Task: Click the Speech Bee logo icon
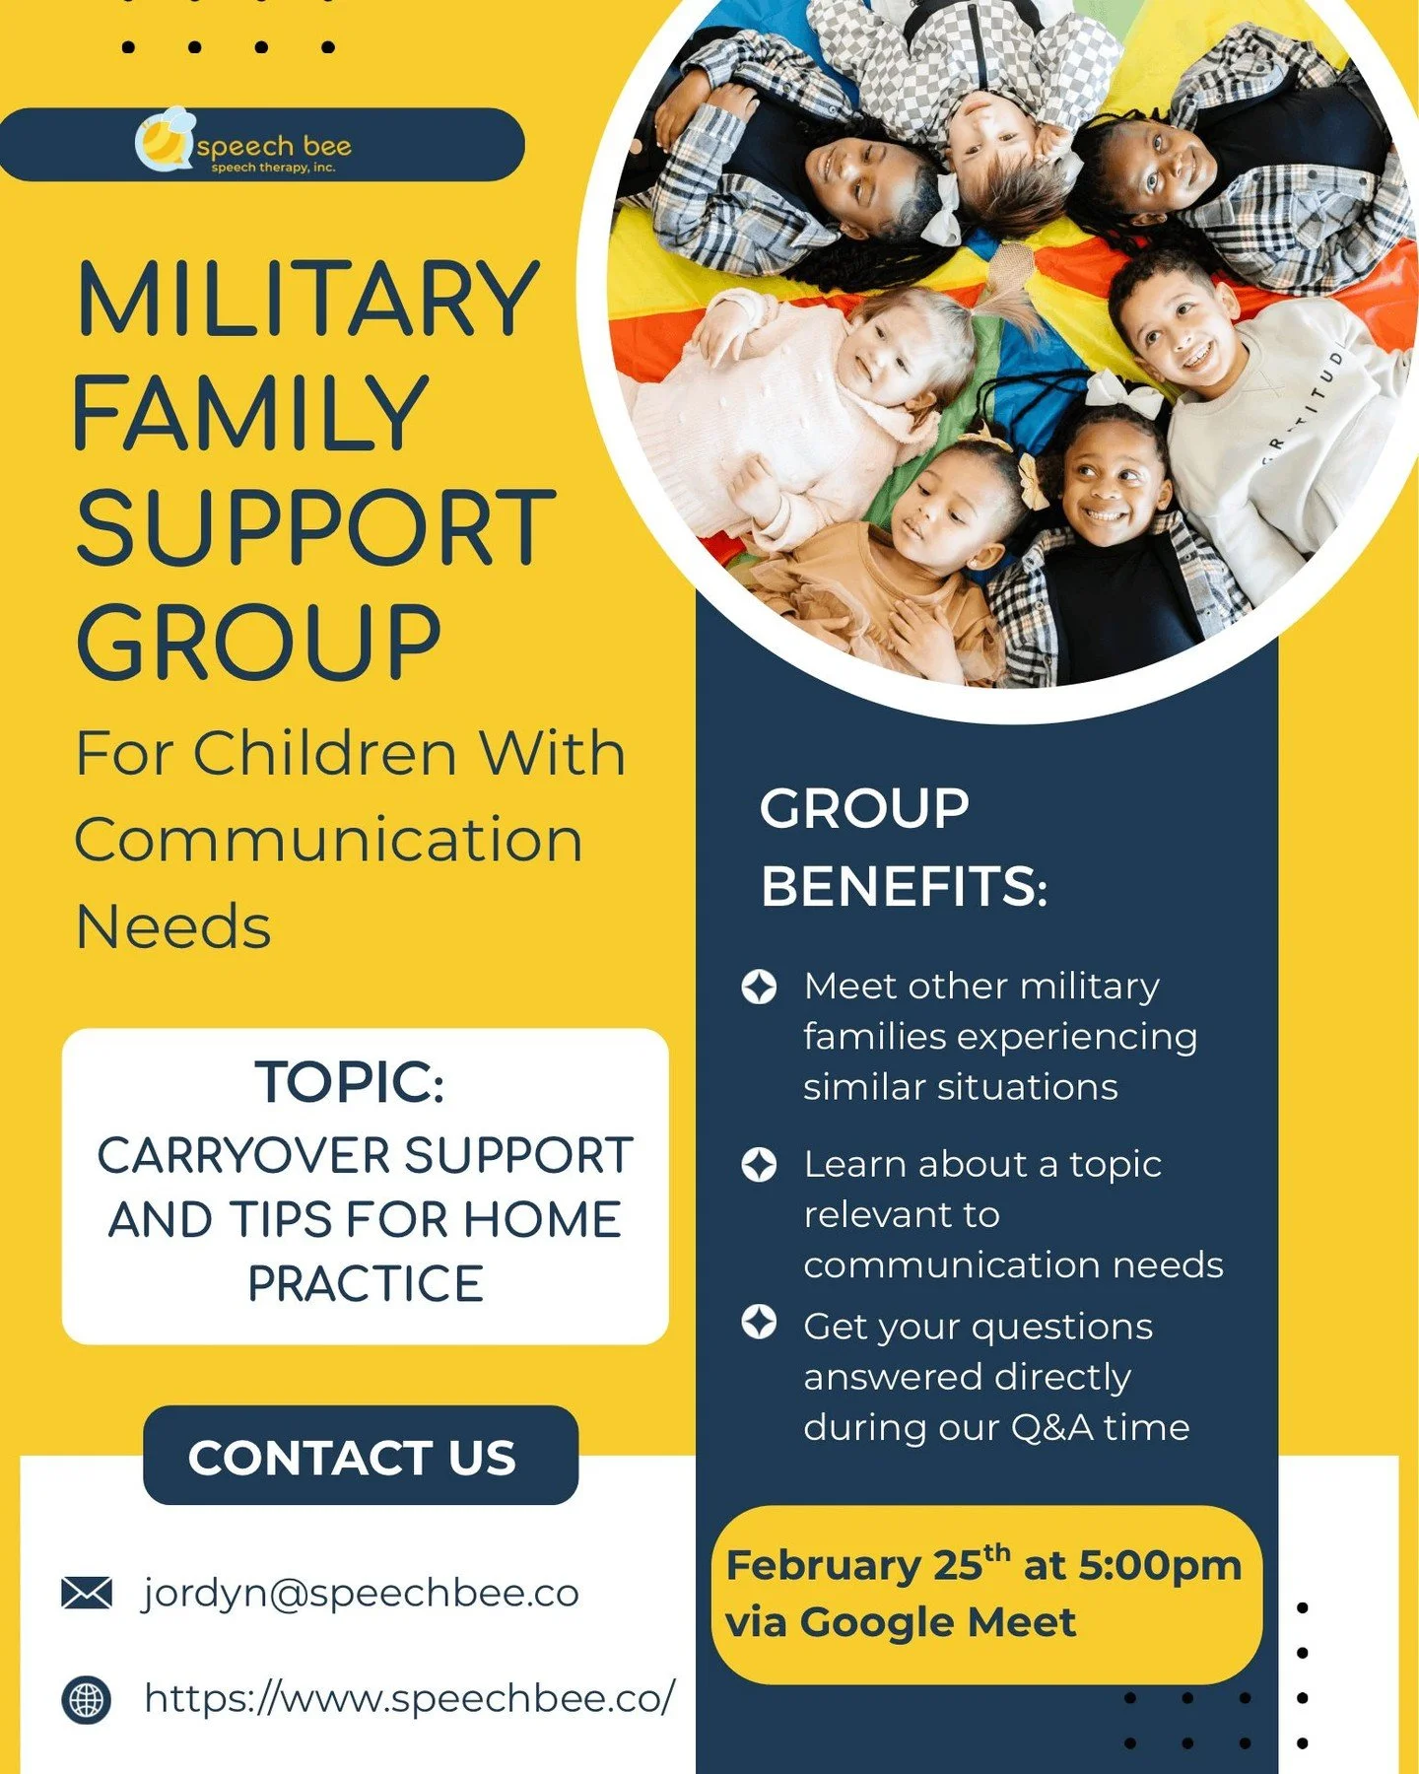pos(164,140)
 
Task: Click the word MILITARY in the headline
pos(307,300)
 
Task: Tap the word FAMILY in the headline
pos(250,414)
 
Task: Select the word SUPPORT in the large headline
pos(315,528)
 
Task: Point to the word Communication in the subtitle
pos(329,841)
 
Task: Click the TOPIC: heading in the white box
pos(350,1082)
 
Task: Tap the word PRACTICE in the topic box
pos(365,1283)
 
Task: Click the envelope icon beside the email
pos(87,1593)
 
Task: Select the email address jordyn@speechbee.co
pos(361,1593)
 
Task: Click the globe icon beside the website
pos(87,1699)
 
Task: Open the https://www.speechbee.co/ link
pos(410,1697)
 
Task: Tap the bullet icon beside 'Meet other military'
pos(759,987)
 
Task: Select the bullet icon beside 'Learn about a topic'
pos(759,1164)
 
